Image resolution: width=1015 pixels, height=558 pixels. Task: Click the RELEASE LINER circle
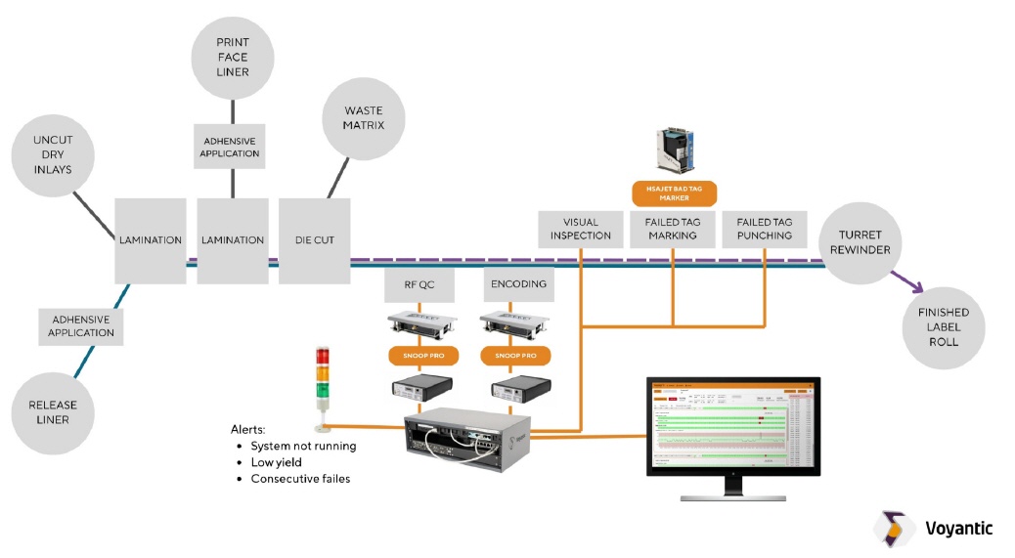point(53,411)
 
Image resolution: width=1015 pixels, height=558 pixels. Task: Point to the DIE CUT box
point(314,240)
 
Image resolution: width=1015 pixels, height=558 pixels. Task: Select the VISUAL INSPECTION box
point(580,229)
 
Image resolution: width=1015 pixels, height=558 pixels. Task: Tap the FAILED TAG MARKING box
point(672,229)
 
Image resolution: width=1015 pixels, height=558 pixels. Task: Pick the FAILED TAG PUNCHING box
point(764,229)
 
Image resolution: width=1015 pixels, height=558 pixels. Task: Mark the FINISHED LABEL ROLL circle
point(943,327)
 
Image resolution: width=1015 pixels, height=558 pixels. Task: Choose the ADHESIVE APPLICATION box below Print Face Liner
point(231,147)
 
